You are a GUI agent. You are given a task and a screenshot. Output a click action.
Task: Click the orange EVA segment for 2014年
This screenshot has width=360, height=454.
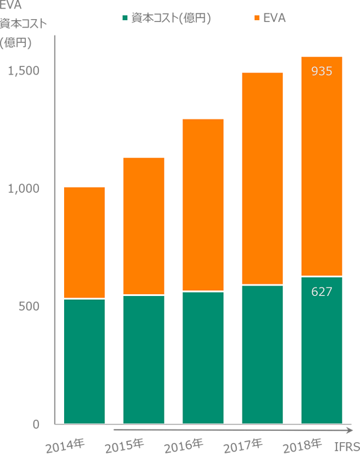[x=84, y=242]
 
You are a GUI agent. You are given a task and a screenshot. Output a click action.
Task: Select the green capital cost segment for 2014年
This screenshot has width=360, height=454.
[x=84, y=361]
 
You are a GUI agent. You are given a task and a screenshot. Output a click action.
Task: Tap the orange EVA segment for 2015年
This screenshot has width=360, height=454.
[x=143, y=226]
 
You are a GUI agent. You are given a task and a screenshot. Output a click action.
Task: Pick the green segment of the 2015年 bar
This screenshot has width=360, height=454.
[x=143, y=359]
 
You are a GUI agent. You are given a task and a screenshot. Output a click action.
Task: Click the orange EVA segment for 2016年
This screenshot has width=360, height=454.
[x=203, y=205]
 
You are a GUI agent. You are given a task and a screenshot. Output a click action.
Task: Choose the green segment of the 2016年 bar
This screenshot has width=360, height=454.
[x=203, y=358]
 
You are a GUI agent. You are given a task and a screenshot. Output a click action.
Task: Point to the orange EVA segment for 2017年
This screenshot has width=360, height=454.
[x=262, y=179]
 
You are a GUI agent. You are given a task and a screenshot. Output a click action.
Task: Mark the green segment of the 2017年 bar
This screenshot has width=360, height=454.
[x=262, y=354]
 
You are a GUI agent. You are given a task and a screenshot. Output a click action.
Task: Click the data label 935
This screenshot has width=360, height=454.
[x=322, y=71]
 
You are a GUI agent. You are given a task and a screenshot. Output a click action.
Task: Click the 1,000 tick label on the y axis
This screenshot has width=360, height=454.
[x=24, y=188]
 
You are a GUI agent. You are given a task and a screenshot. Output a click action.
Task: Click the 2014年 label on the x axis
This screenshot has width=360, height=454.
[x=65, y=445]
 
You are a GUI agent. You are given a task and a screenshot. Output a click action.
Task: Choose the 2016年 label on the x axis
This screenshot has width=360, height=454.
[x=184, y=445]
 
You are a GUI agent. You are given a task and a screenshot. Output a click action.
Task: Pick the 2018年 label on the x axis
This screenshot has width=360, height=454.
[x=303, y=445]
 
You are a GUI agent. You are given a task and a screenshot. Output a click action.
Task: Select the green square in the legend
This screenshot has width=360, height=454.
[x=125, y=18]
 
